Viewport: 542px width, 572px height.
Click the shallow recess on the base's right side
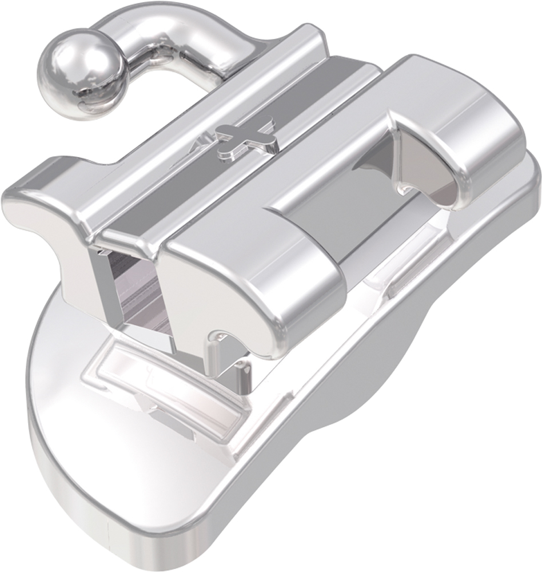click(394, 275)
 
